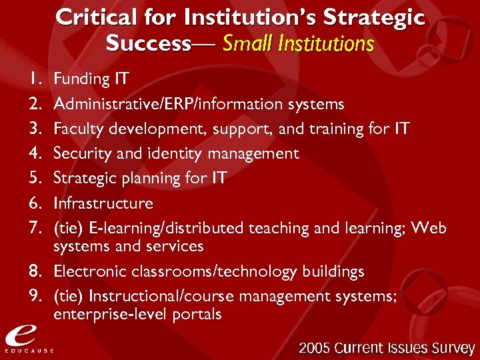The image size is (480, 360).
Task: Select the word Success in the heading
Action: pyautogui.click(x=149, y=44)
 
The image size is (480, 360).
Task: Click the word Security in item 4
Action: pyautogui.click(x=79, y=154)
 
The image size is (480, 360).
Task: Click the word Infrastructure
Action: pyautogui.click(x=103, y=203)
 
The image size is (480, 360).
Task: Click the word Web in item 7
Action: pyautogui.click(x=429, y=228)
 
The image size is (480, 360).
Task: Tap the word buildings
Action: pyautogui.click(x=331, y=272)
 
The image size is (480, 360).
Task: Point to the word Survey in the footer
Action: pyautogui.click(x=452, y=348)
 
